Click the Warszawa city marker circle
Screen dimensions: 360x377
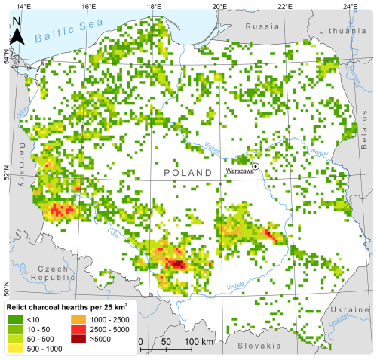point(256,165)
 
